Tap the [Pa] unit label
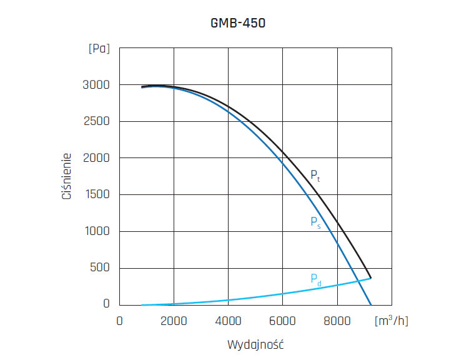[99, 49]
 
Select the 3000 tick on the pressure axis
[96, 85]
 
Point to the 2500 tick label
[96, 121]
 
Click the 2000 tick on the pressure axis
[96, 158]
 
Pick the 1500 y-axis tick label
[96, 195]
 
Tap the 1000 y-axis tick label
[96, 232]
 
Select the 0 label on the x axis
[119, 321]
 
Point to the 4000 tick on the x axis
[228, 321]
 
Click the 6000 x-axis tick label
[282, 321]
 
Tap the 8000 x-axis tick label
[337, 321]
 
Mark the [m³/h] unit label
[392, 321]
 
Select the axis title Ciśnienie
[66, 177]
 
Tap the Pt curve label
[315, 176]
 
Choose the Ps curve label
[315, 222]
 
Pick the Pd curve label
[316, 279]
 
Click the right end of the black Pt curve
[371, 277]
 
